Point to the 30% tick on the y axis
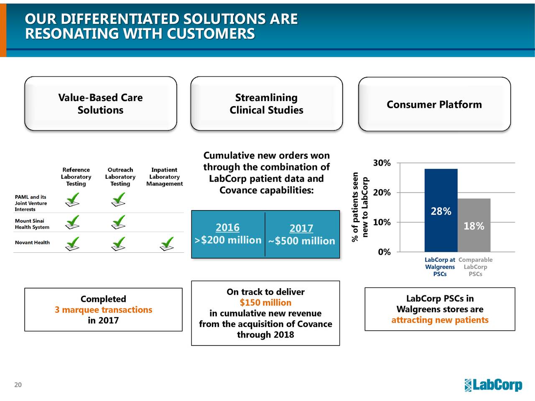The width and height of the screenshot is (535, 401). pyautogui.click(x=382, y=163)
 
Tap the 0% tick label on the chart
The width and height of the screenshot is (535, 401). pyautogui.click(x=384, y=252)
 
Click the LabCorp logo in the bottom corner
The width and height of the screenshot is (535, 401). pyautogui.click(x=493, y=385)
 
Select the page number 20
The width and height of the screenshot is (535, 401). pyautogui.click(x=18, y=385)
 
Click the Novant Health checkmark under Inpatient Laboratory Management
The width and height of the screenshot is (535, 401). pyautogui.click(x=167, y=244)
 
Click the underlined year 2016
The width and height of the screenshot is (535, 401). pyautogui.click(x=227, y=228)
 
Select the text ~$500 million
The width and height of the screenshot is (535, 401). pyautogui.click(x=301, y=241)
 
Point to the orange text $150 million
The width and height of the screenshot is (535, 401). pyautogui.click(x=265, y=303)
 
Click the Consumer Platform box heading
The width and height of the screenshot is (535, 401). pyautogui.click(x=434, y=104)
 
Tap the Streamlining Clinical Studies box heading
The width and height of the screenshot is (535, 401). pyautogui.click(x=266, y=104)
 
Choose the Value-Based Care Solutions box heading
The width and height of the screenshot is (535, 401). pyautogui.click(x=100, y=104)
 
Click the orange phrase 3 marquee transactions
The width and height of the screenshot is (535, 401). pyautogui.click(x=103, y=310)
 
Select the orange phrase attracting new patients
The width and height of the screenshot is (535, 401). pyautogui.click(x=440, y=320)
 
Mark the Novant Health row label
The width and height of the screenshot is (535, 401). pyautogui.click(x=32, y=243)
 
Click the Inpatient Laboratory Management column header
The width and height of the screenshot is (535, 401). pyautogui.click(x=164, y=177)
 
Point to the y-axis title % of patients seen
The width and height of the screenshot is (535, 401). pyautogui.click(x=355, y=207)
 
